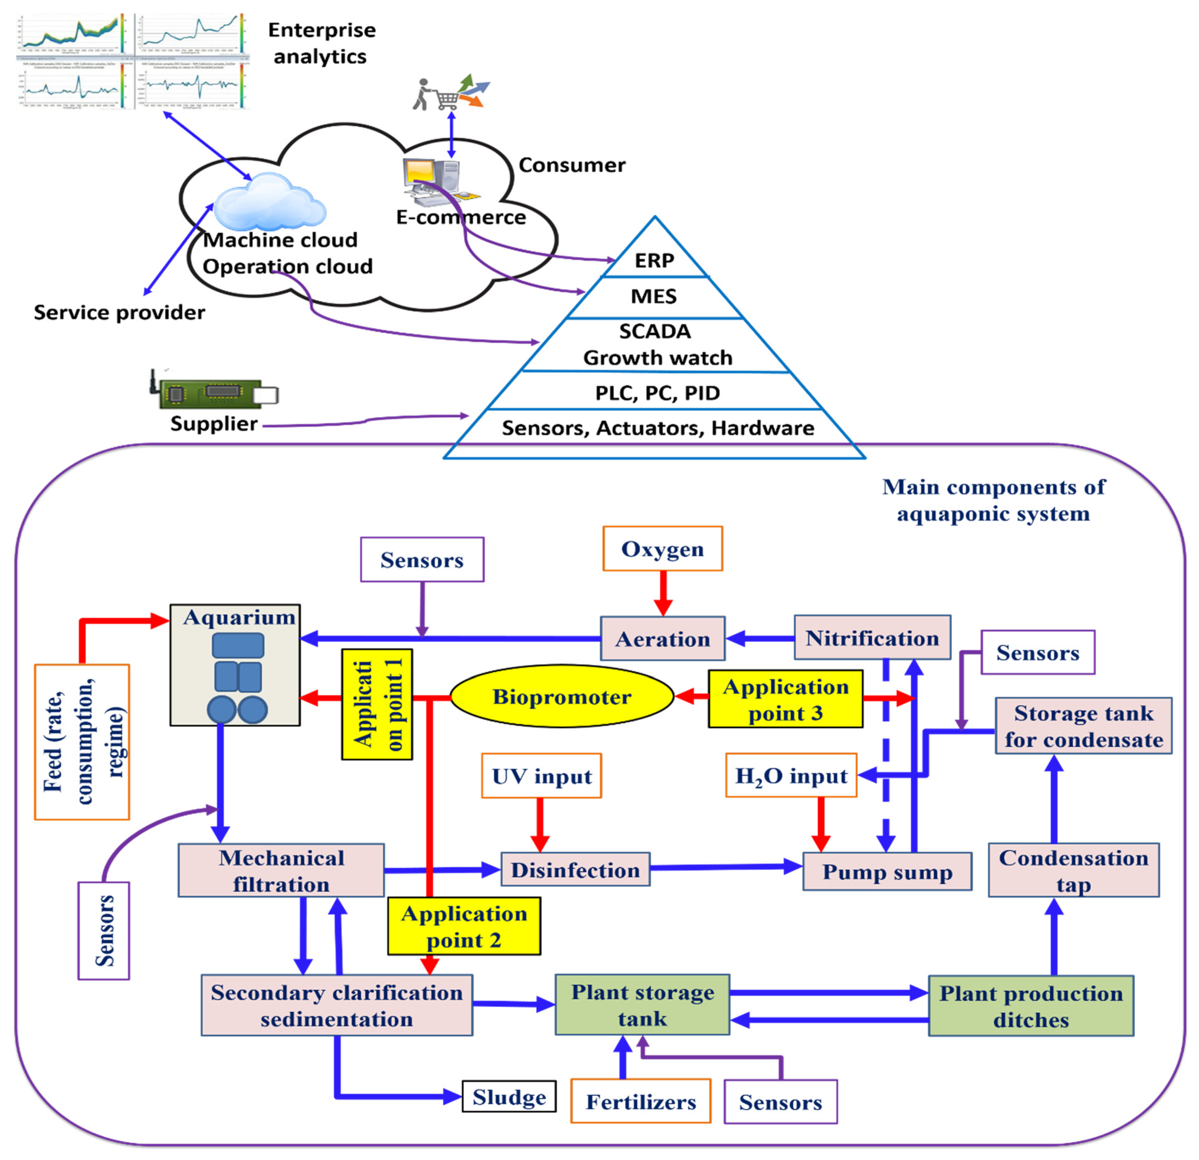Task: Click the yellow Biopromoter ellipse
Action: coord(562,697)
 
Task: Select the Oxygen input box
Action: coord(663,549)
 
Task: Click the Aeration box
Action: coord(663,639)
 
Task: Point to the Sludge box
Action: coord(509,1097)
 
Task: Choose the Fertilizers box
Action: coord(640,1101)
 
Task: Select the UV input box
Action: coord(541,776)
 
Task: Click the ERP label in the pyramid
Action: coord(654,261)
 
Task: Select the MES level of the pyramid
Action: coord(654,297)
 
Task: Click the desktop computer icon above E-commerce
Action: coord(431,177)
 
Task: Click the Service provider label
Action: coord(119,313)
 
